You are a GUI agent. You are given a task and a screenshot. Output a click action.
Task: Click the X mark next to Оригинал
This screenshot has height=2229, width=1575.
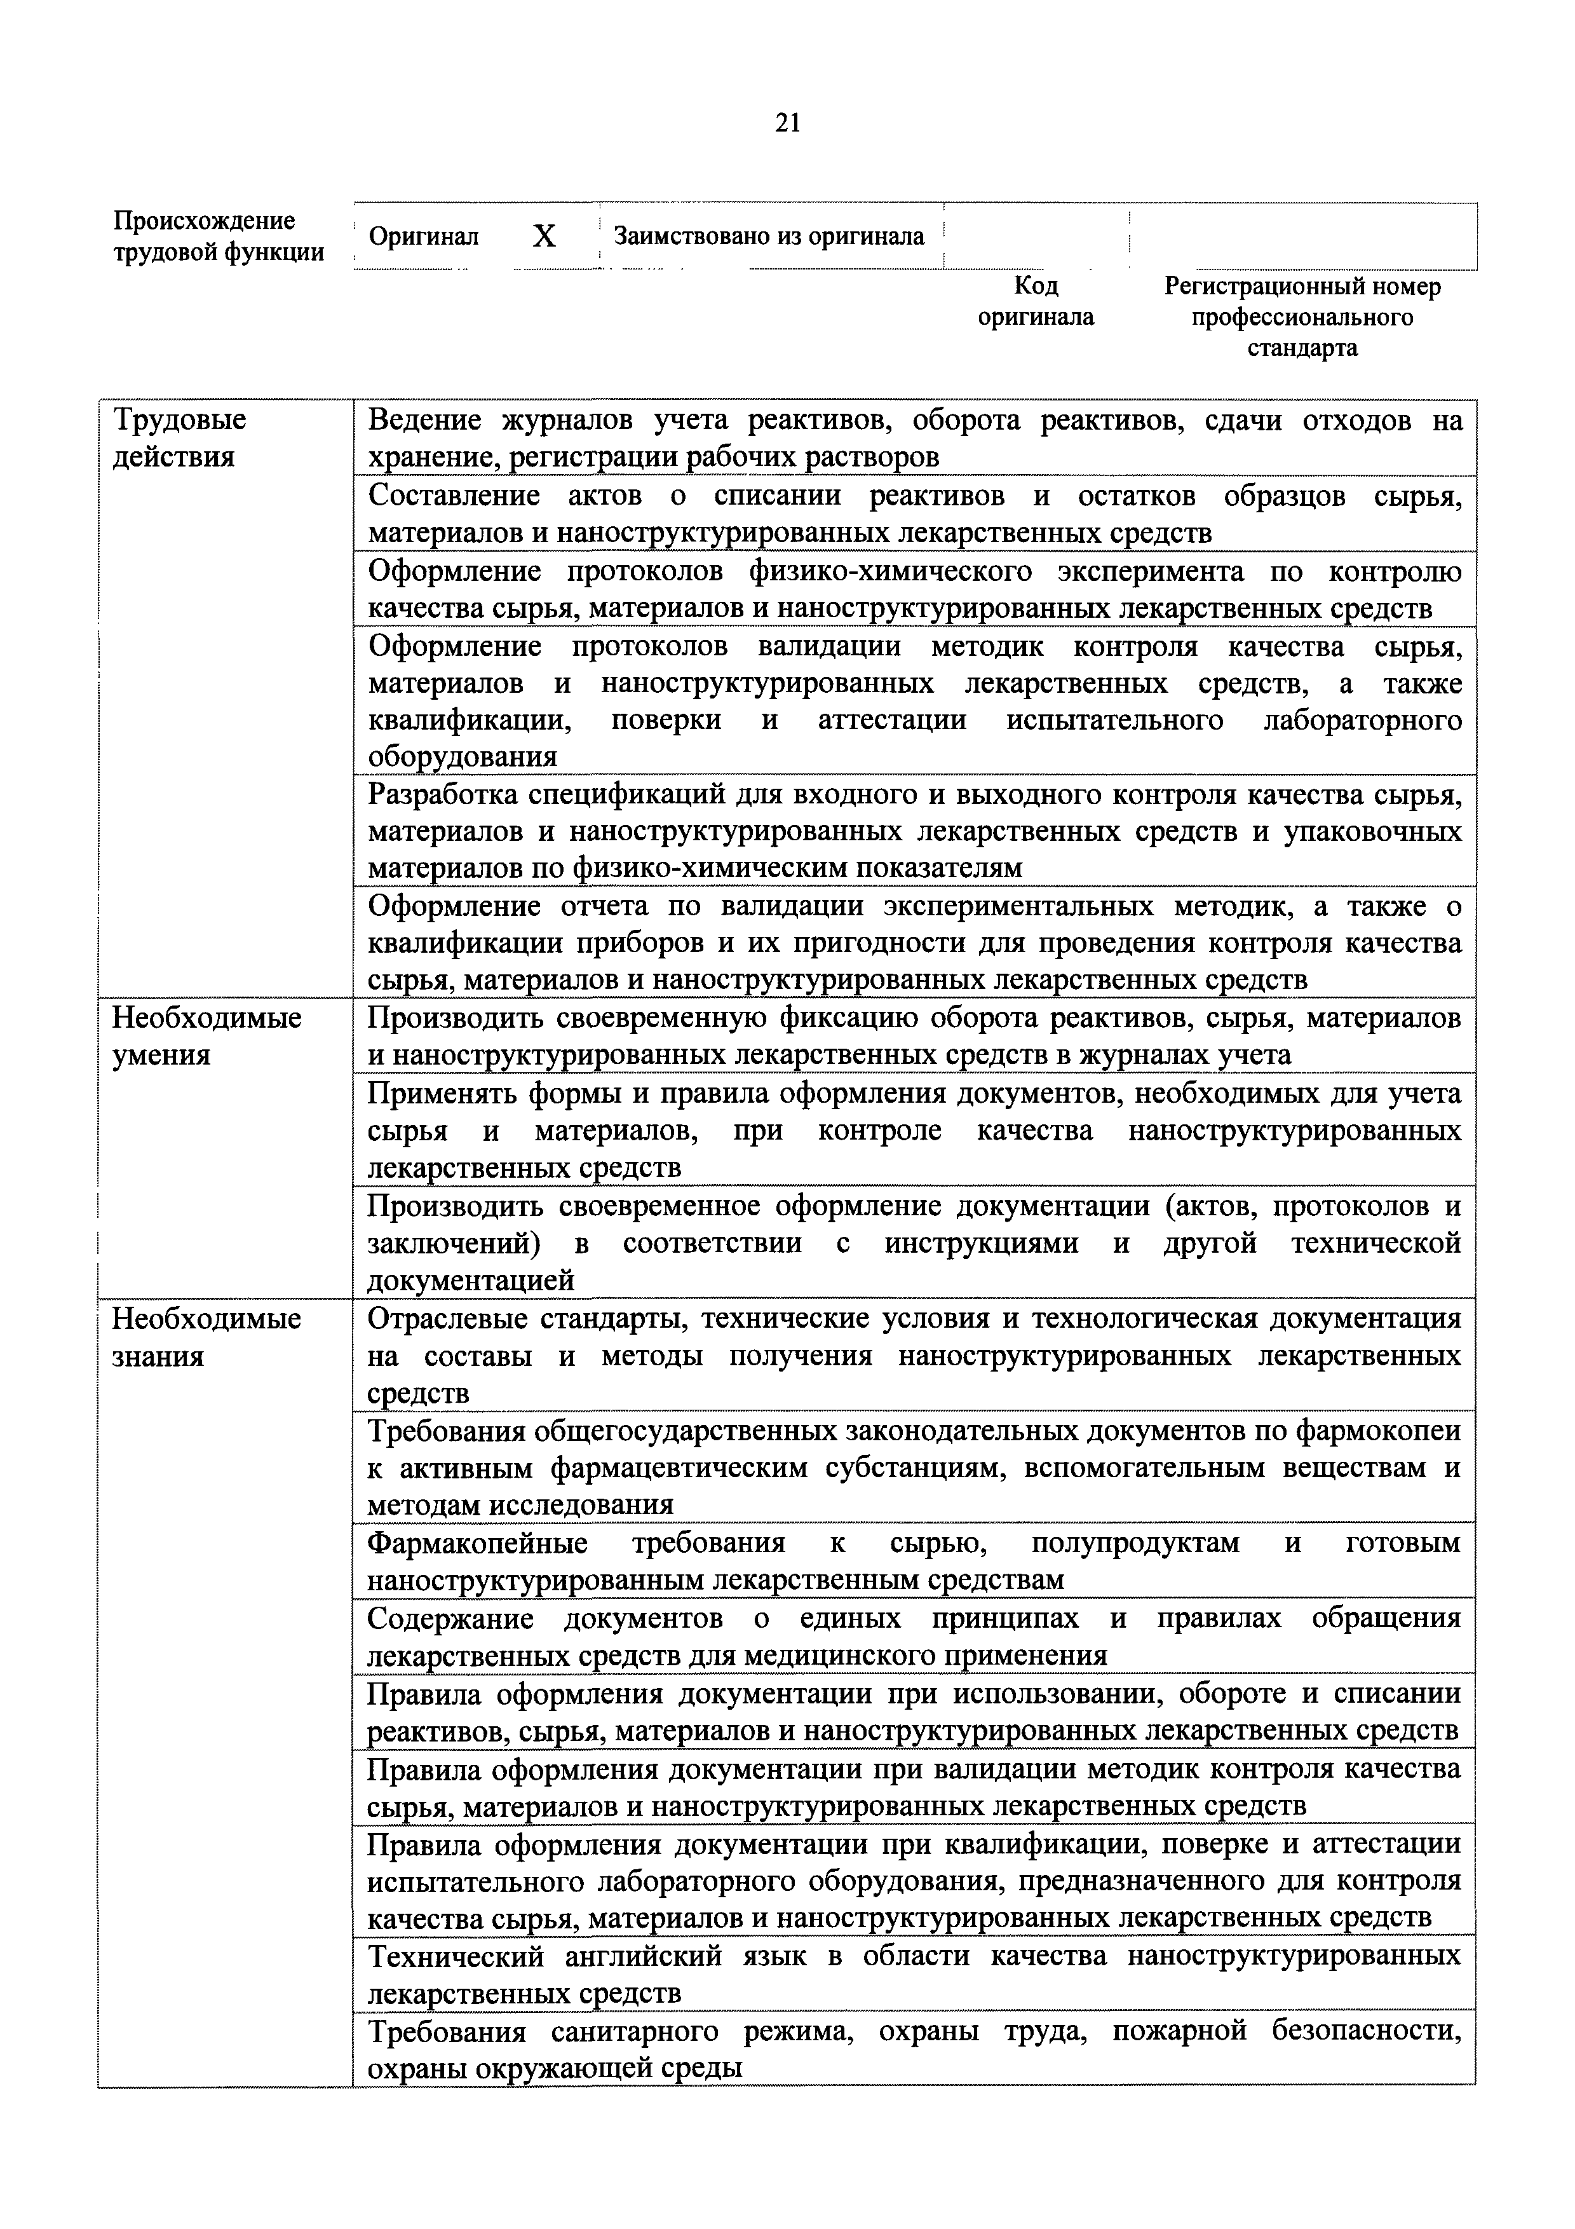click(x=544, y=236)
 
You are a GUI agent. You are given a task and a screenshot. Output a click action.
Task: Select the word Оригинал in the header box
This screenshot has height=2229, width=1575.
click(x=424, y=237)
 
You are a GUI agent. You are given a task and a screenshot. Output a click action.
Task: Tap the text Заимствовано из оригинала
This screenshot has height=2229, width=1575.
click(x=769, y=236)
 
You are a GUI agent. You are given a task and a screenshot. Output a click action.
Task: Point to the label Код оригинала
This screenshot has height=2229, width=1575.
click(x=1036, y=301)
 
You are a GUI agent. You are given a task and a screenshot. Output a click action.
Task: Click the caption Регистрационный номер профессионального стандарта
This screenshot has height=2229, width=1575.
click(x=1302, y=317)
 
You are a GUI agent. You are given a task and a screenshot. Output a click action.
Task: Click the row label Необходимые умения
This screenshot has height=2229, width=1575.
click(x=206, y=1036)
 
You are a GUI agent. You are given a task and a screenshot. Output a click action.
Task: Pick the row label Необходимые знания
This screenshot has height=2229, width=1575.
click(x=206, y=1337)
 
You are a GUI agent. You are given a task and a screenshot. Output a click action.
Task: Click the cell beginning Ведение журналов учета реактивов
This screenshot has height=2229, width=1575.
click(x=914, y=438)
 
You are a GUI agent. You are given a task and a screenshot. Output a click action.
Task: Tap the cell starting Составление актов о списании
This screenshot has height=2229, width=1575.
click(x=914, y=514)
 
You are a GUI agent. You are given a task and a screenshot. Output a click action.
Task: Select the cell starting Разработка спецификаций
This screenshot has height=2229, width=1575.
click(x=914, y=830)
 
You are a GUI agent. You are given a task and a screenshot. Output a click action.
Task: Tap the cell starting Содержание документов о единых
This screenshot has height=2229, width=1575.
click(x=914, y=1637)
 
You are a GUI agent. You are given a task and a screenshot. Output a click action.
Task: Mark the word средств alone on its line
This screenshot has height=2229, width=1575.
click(x=418, y=1393)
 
